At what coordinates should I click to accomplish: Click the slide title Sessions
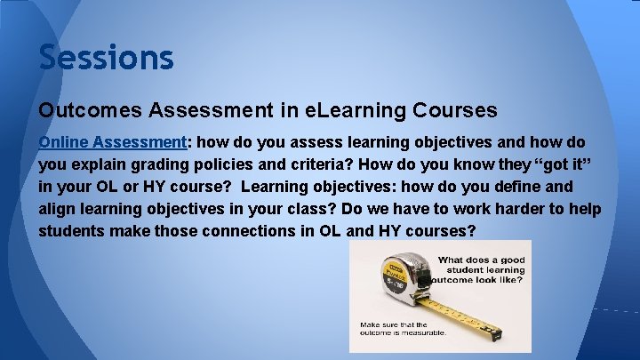[106, 58]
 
